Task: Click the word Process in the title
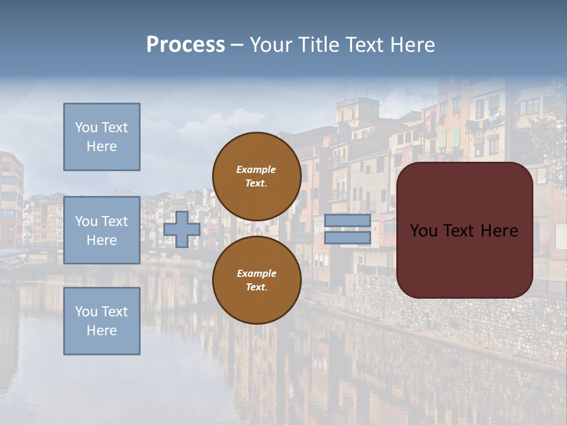coord(185,45)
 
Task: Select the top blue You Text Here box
coord(102,137)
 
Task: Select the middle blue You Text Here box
coord(102,230)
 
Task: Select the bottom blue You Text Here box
coord(102,321)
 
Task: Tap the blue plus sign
coord(182,230)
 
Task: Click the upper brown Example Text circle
coord(256,176)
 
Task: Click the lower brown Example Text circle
coord(256,280)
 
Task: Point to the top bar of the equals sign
coord(348,220)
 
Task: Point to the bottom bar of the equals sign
coord(348,238)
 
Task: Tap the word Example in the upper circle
coord(256,169)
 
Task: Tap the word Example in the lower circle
coord(256,273)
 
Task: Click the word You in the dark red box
coord(424,231)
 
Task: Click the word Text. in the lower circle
coord(256,287)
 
